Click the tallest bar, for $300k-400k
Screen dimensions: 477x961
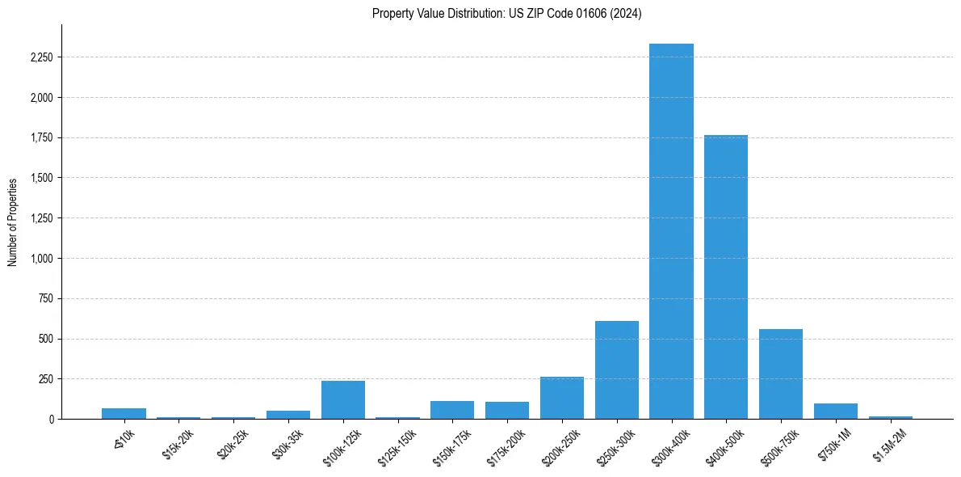coord(671,231)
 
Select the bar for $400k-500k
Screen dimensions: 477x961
coord(726,276)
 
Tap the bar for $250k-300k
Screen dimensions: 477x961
coord(617,369)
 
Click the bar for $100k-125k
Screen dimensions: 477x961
coord(343,399)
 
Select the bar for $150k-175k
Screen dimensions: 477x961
coord(452,410)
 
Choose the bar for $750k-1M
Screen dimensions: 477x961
coord(836,411)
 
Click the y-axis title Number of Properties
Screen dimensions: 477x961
coord(13,222)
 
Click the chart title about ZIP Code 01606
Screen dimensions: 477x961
coord(506,13)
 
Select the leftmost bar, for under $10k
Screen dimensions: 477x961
coord(124,413)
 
